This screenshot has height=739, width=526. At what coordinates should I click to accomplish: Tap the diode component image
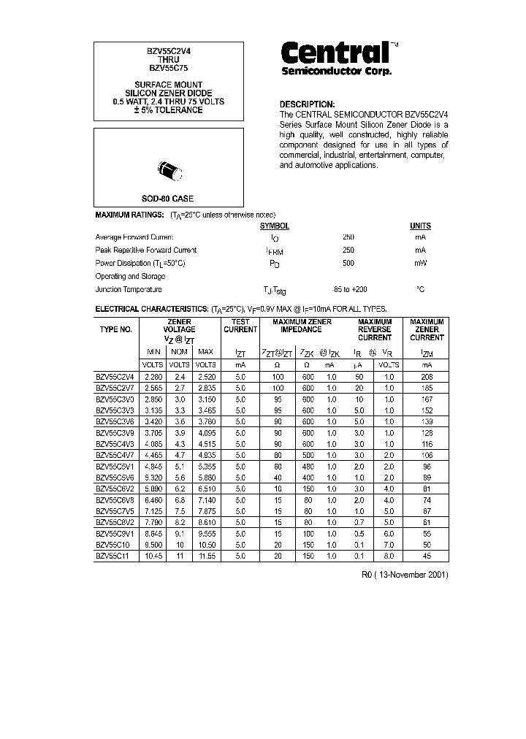pyautogui.click(x=168, y=170)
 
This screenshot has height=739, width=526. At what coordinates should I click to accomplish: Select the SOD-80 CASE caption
pyautogui.click(x=167, y=199)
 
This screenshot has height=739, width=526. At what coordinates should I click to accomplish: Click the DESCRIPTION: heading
pyautogui.click(x=307, y=104)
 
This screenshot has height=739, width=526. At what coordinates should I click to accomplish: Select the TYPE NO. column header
pyautogui.click(x=115, y=330)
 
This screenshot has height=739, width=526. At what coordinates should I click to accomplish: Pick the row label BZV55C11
pyautogui.click(x=115, y=556)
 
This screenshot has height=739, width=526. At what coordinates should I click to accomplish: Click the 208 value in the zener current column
pyautogui.click(x=427, y=377)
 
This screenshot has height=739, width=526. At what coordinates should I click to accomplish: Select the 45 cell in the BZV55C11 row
pyautogui.click(x=427, y=556)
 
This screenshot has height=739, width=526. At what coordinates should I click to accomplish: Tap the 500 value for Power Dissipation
pyautogui.click(x=348, y=264)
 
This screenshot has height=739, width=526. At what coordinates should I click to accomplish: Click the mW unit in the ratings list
pyautogui.click(x=420, y=264)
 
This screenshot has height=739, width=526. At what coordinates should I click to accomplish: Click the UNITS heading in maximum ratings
pyautogui.click(x=420, y=226)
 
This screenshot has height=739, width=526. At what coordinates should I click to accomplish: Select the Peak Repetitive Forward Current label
pyautogui.click(x=146, y=250)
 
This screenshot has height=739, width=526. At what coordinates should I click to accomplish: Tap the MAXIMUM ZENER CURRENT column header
pyautogui.click(x=427, y=330)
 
